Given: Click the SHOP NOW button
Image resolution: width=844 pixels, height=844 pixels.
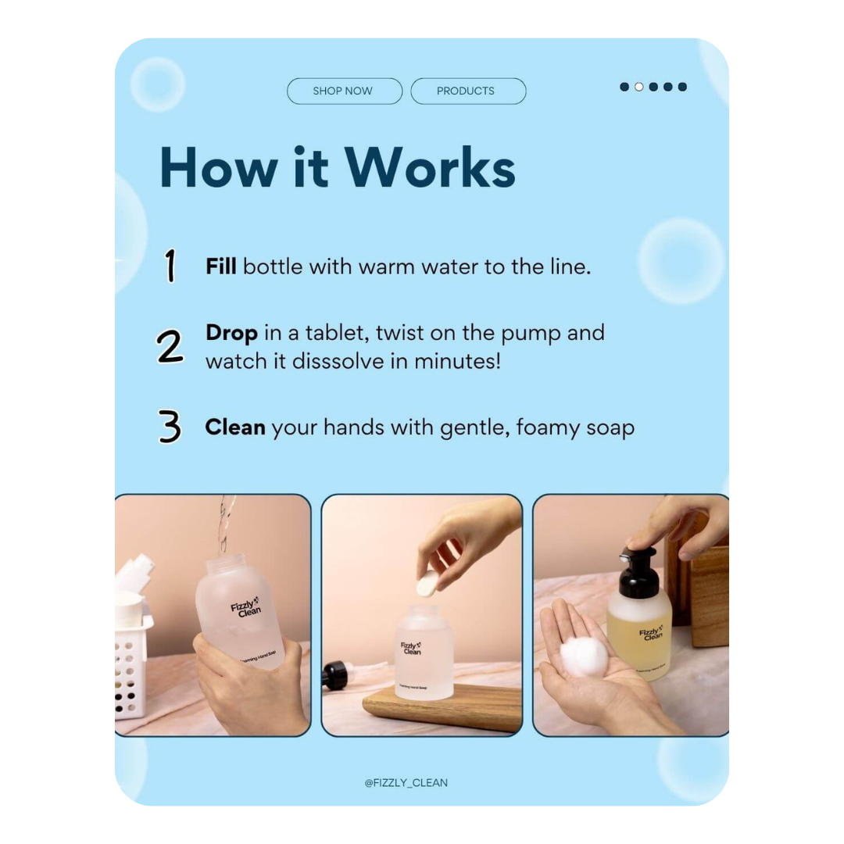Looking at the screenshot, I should (x=344, y=91).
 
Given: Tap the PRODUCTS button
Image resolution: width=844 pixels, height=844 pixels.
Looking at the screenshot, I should (x=467, y=91).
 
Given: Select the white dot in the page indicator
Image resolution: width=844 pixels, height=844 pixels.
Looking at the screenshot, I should (x=638, y=87).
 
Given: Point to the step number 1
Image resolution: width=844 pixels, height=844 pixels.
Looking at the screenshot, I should (x=170, y=266).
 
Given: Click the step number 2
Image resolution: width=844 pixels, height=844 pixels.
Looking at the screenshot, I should (x=170, y=347).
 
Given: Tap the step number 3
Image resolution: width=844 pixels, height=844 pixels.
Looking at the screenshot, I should (x=170, y=428).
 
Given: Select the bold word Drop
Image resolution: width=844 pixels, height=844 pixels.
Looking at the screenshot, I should (x=231, y=333).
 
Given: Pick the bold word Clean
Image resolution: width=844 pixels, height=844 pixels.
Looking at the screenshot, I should (x=234, y=428).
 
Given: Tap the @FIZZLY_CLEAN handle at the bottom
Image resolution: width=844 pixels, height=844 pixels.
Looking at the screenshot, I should (x=406, y=782).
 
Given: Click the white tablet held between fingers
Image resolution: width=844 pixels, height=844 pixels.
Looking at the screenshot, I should (x=427, y=583).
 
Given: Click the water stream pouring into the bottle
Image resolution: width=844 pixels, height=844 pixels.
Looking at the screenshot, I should (x=225, y=524).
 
